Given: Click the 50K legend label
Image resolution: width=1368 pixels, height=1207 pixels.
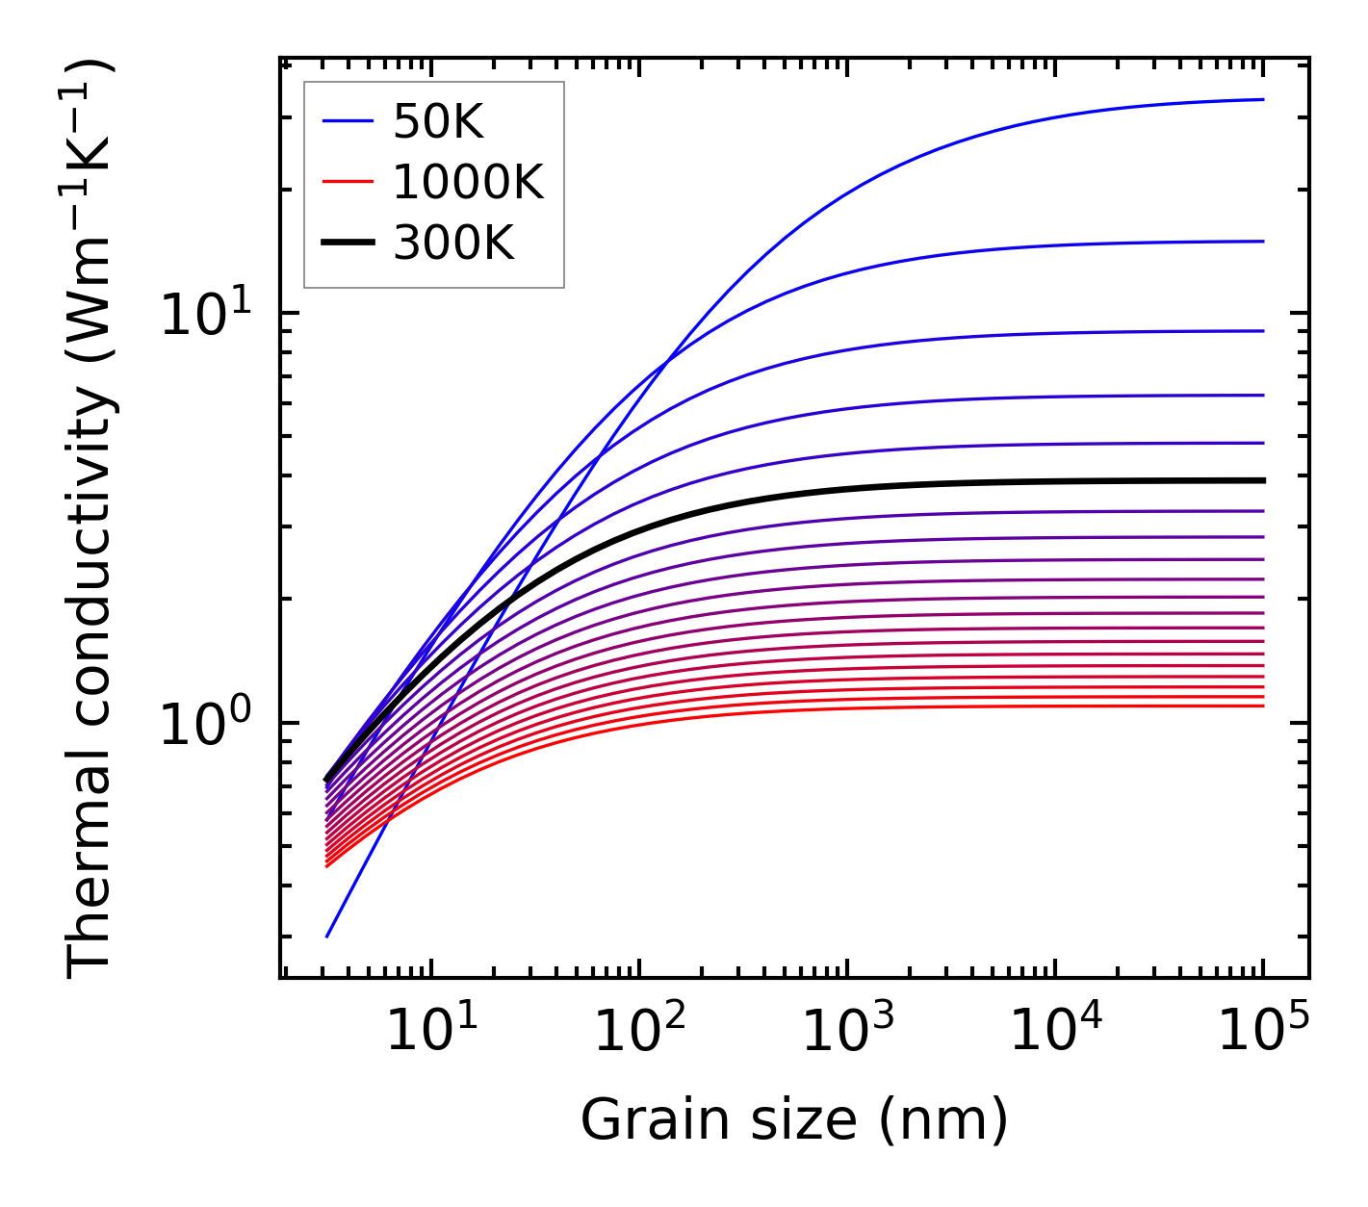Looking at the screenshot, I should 437,122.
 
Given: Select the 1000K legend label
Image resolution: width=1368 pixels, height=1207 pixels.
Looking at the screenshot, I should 468,182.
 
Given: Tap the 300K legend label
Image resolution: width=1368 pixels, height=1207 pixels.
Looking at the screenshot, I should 453,244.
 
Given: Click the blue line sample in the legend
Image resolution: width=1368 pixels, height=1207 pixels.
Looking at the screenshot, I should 348,122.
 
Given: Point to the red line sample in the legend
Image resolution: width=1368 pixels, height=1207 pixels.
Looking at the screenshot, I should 348,182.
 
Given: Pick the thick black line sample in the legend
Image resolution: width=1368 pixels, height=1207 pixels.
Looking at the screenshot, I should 348,244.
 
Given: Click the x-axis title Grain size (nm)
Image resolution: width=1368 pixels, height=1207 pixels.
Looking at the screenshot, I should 794,1120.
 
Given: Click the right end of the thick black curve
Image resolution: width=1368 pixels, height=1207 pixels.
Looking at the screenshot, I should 1262,480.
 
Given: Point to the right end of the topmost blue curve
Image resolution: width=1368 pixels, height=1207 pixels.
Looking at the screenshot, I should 1262,99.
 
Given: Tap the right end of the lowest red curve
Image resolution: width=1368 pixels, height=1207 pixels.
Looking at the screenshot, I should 1262,706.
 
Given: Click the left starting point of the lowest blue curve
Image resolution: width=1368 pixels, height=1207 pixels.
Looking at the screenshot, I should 327,937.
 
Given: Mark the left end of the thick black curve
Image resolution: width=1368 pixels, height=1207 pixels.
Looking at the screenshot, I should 327,780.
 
